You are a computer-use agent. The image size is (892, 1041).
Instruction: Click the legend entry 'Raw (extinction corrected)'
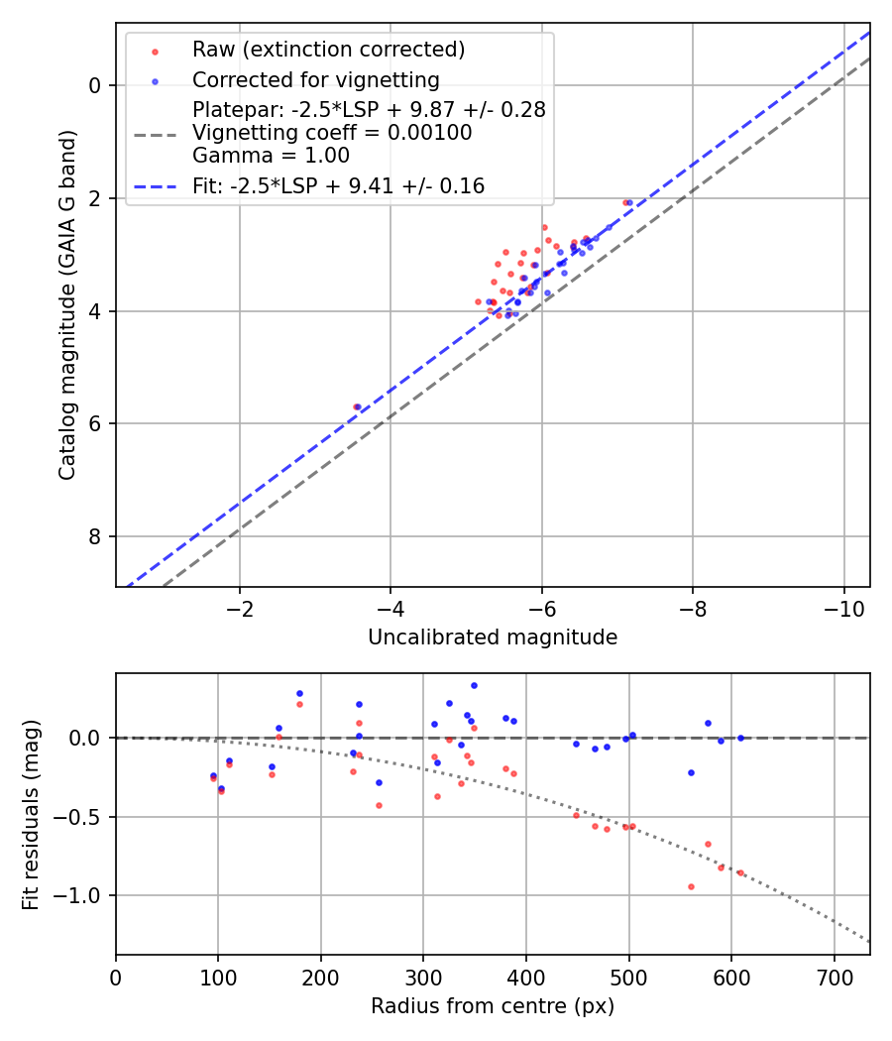[328, 50]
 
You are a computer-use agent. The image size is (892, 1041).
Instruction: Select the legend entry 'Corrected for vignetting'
[315, 79]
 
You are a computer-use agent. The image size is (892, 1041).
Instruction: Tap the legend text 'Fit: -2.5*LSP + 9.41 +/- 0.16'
[338, 186]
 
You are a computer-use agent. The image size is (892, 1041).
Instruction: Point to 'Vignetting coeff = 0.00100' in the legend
[332, 133]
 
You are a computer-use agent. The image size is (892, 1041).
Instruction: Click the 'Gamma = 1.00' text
[271, 156]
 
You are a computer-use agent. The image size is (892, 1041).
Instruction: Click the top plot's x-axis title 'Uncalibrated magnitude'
[493, 637]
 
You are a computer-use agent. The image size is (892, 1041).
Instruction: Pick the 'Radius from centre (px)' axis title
[493, 1006]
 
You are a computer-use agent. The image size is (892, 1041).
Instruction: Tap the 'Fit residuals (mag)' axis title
[32, 815]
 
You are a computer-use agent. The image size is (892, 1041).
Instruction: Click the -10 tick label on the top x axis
[843, 608]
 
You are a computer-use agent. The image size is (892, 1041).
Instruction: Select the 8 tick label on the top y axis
[95, 537]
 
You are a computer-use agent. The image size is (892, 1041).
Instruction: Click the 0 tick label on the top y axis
[95, 86]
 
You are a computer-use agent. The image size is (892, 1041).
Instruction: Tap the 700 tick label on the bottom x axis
[834, 977]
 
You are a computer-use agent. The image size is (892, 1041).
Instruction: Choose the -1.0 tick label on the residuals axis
[82, 896]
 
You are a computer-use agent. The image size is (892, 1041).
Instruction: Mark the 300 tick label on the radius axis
[423, 977]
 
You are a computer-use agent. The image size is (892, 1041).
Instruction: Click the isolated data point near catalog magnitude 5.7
[356, 406]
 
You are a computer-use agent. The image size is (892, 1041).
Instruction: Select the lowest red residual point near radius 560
[691, 886]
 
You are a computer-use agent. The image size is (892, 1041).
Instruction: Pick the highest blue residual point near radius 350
[474, 685]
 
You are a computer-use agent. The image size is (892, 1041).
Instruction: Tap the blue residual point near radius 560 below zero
[691, 772]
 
